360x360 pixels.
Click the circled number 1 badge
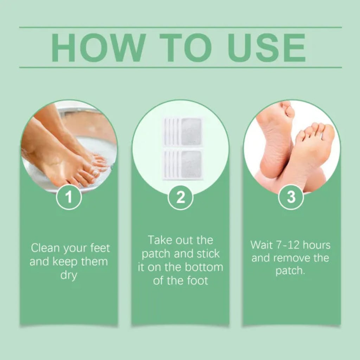tap(69, 197)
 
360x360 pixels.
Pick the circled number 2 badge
tap(180, 197)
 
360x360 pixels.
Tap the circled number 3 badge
tap(291, 197)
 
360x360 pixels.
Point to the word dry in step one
tap(69, 275)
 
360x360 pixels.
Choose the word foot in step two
tap(198, 281)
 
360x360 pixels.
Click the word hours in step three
tap(317, 245)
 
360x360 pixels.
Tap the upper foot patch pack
tap(182, 131)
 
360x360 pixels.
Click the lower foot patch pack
tap(182, 164)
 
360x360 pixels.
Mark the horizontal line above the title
tap(180, 27)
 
